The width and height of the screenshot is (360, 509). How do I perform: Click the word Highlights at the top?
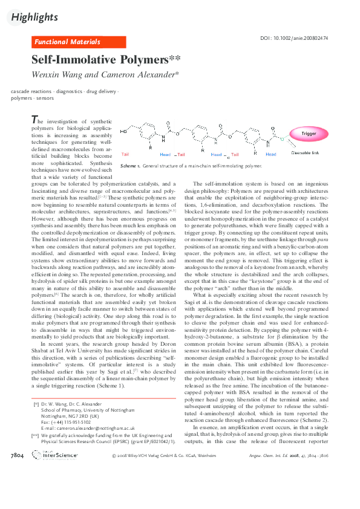tap(34, 18)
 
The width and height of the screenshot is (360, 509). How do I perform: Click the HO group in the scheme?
tap(124, 131)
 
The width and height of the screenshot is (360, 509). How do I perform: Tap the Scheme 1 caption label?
tap(131, 165)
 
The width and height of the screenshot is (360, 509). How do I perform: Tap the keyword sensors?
tap(45, 97)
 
